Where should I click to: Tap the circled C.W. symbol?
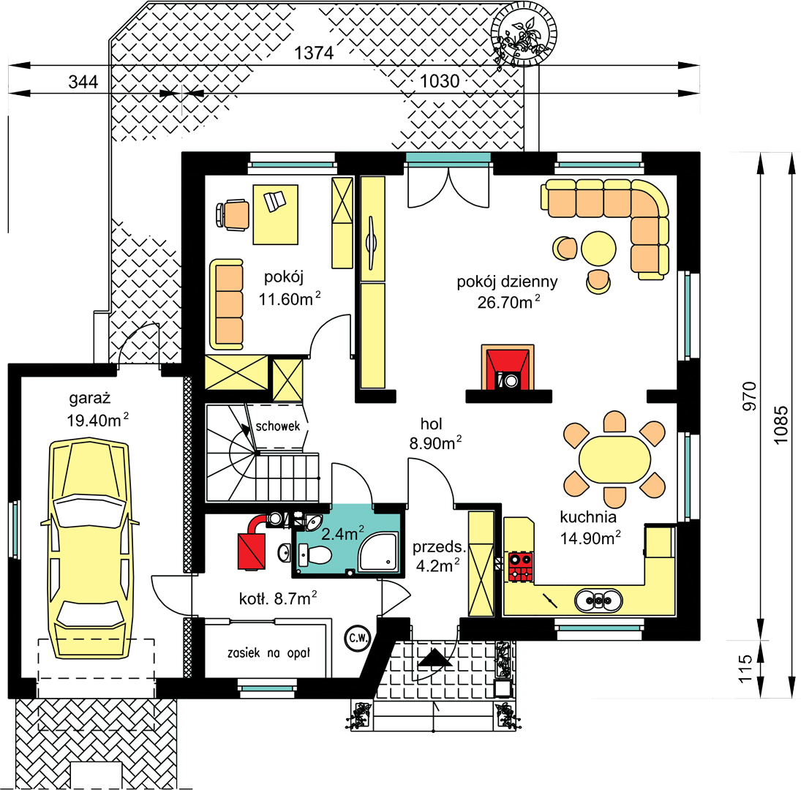[358, 637]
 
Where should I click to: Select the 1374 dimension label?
[314, 53]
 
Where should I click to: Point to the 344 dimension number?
[83, 82]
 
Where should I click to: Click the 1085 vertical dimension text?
[781, 425]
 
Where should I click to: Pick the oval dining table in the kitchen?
[614, 459]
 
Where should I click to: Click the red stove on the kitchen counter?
[521, 566]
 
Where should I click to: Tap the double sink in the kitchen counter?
[598, 601]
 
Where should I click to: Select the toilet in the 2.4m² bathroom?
[315, 554]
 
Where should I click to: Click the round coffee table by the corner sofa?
[598, 249]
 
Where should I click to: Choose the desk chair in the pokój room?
[233, 215]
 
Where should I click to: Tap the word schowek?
[278, 426]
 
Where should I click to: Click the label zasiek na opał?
[268, 652]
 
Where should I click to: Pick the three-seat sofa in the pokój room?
[226, 304]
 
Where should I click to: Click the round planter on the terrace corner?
[524, 34]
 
